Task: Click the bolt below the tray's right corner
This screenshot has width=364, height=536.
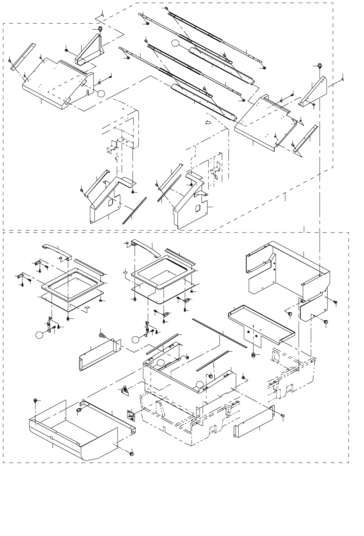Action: coord(132,454)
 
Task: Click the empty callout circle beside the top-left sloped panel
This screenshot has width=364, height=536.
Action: coord(101,93)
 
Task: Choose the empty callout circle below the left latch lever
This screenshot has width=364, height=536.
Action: coord(40,335)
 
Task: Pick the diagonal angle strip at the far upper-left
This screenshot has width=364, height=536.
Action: coord(23,57)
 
